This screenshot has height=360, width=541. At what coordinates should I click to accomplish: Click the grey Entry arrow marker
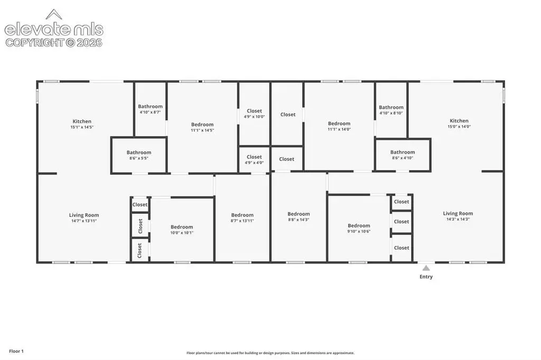[426, 268]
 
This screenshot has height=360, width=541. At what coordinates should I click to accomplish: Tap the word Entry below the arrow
[426, 277]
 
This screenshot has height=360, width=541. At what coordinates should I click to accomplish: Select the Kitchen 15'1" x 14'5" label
[82, 124]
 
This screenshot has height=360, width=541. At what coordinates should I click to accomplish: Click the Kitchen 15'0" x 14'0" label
[459, 124]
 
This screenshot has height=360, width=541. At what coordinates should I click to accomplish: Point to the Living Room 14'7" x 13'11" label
[84, 217]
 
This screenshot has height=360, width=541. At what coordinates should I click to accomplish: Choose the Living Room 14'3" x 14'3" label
[458, 216]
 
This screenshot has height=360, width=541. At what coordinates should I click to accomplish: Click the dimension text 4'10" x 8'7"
[150, 112]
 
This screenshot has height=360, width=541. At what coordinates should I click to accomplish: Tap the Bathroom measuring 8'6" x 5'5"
[139, 155]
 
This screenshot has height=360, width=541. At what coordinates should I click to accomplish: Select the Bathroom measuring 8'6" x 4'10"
[403, 155]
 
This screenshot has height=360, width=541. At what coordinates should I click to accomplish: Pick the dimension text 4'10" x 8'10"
[391, 113]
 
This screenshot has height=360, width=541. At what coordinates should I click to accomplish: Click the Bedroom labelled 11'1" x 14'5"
[202, 127]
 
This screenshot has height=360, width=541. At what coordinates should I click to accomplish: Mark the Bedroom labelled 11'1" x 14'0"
[339, 126]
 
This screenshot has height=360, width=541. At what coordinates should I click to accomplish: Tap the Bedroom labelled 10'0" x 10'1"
[182, 229]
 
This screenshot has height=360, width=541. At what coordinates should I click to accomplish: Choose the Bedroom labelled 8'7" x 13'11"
[242, 217]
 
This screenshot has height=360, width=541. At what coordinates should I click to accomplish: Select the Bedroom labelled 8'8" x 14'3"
[299, 216]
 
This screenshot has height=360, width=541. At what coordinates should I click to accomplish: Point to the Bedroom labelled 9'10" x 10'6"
[359, 228]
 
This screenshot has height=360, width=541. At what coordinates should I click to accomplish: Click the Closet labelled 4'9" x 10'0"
[254, 113]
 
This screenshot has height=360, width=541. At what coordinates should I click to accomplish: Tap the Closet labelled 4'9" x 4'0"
[254, 159]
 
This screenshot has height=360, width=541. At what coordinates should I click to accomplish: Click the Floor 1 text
[16, 351]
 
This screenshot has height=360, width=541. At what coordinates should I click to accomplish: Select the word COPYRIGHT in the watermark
[35, 43]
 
